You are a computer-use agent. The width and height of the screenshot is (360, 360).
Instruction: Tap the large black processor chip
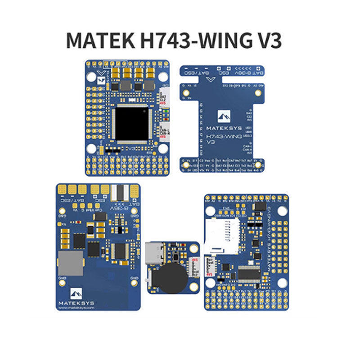click(x=131, y=123)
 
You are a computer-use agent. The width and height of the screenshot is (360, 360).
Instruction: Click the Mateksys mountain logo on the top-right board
click(x=224, y=116)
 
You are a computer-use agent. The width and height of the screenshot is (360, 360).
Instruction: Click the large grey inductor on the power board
click(x=71, y=263)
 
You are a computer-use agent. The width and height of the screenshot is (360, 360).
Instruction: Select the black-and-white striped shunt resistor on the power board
click(x=121, y=193)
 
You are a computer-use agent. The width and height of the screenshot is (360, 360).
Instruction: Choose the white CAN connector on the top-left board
click(x=164, y=130)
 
